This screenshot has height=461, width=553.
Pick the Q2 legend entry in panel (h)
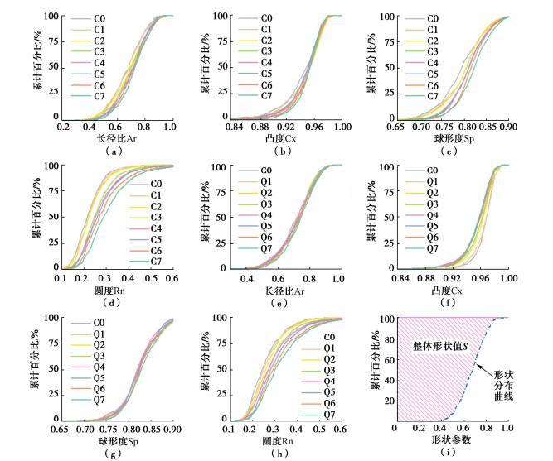(329, 360)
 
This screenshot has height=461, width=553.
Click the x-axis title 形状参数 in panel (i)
(451, 439)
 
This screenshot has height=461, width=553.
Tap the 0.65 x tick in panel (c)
(396, 127)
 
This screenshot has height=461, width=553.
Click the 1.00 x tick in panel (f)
(507, 277)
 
